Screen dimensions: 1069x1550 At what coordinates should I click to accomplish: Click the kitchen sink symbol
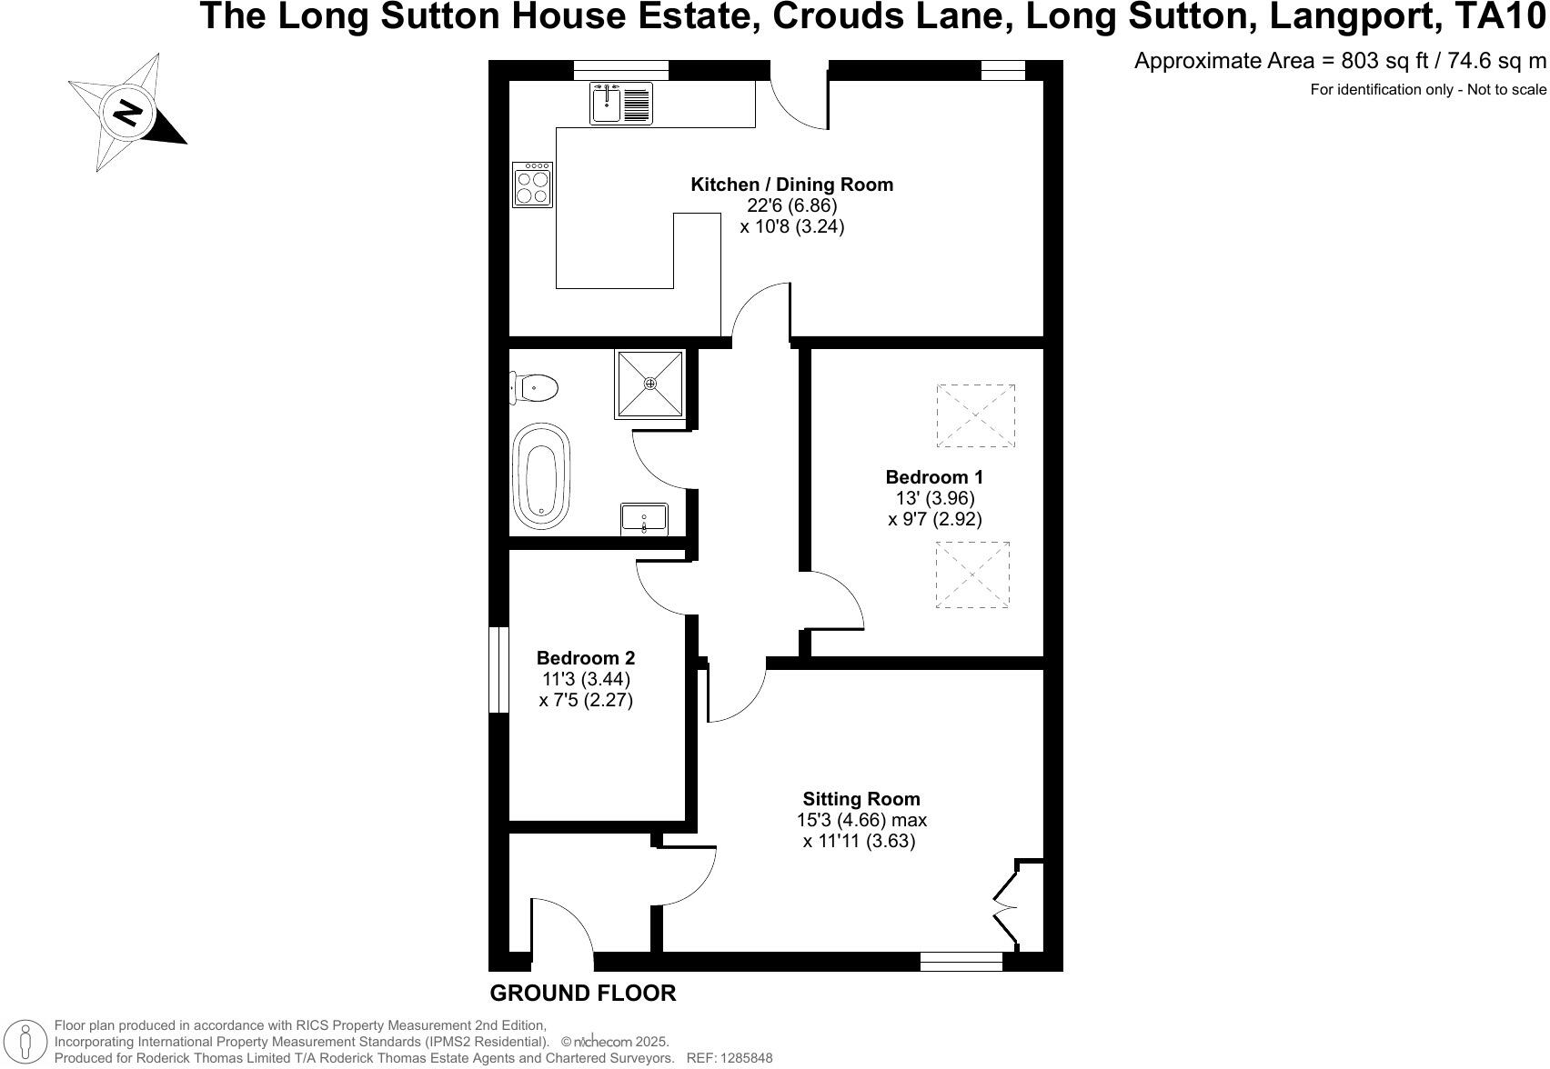click(621, 103)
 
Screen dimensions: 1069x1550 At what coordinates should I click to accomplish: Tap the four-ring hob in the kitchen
click(533, 185)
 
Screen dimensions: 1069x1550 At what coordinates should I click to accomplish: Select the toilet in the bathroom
click(535, 388)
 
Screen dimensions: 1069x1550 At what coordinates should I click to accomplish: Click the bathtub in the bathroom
click(542, 475)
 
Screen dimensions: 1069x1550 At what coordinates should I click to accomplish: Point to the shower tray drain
click(650, 384)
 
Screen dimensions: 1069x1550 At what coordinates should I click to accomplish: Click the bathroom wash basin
click(644, 519)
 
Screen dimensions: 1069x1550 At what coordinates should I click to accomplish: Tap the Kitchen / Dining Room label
click(791, 185)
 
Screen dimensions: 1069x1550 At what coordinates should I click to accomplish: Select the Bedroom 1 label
click(934, 477)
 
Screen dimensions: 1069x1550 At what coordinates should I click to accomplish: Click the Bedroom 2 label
click(585, 658)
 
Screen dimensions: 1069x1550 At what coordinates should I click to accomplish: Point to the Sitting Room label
click(861, 799)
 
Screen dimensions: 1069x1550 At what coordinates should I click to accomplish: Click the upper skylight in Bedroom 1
click(975, 415)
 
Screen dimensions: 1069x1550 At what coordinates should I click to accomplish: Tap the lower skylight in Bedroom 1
click(972, 574)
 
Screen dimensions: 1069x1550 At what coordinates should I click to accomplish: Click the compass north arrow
click(129, 113)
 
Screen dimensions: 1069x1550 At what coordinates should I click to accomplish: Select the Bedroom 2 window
click(498, 670)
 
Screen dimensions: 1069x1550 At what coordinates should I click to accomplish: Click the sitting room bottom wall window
click(961, 962)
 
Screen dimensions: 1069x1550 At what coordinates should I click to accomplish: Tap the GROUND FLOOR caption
click(583, 994)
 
